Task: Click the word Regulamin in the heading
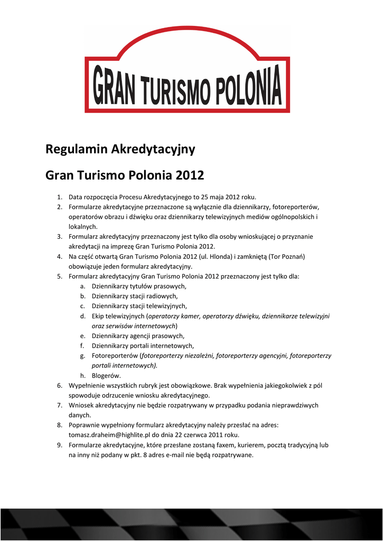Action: click(76, 150)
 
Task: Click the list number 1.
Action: click(60, 197)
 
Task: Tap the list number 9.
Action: click(60, 445)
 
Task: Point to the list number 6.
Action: click(60, 386)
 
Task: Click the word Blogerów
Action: click(106, 376)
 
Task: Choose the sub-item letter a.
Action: click(82, 286)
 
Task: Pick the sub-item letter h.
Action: click(82, 376)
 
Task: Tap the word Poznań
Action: click(293, 256)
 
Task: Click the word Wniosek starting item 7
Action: click(81, 405)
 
